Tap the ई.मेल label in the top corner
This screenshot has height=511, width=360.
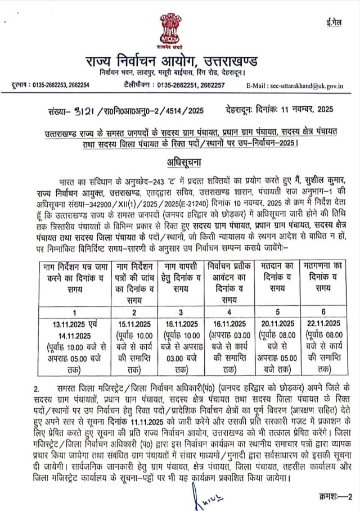pyautogui.click(x=334, y=22)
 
